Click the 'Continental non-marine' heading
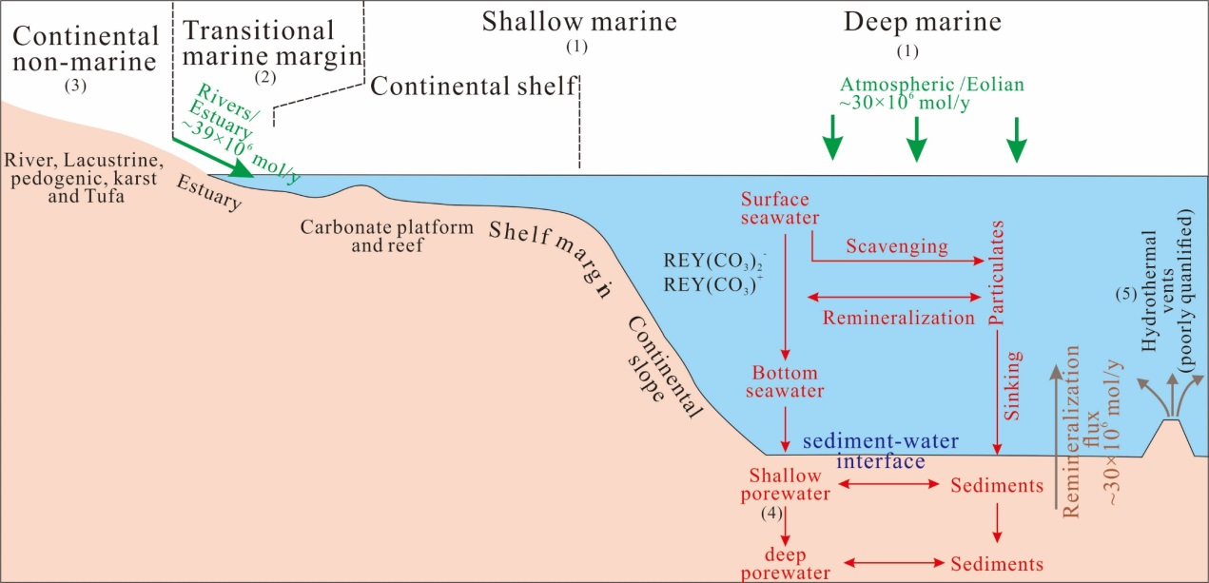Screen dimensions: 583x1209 tap(87, 49)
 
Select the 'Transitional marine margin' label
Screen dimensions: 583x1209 tap(270, 44)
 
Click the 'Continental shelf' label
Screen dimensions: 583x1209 tap(474, 87)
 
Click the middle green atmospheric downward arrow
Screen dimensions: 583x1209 tap(916, 138)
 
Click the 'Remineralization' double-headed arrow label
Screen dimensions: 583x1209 tap(899, 318)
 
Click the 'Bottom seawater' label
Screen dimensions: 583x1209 tap(785, 381)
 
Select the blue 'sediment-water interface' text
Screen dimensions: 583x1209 tap(880, 452)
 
